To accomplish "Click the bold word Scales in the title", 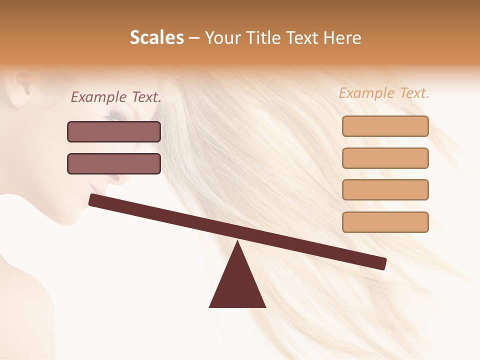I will [156, 37].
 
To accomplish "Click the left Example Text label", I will [116, 97].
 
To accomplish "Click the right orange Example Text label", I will [384, 93].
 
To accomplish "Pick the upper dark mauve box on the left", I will [114, 131].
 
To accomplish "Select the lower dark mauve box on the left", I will [114, 163].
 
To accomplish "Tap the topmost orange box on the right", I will [385, 126].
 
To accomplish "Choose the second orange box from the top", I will [385, 158].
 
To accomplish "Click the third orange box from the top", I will [385, 189].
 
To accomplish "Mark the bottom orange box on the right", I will [385, 222].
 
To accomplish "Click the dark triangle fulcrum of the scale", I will [237, 285].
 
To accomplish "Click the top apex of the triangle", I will [237, 242].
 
